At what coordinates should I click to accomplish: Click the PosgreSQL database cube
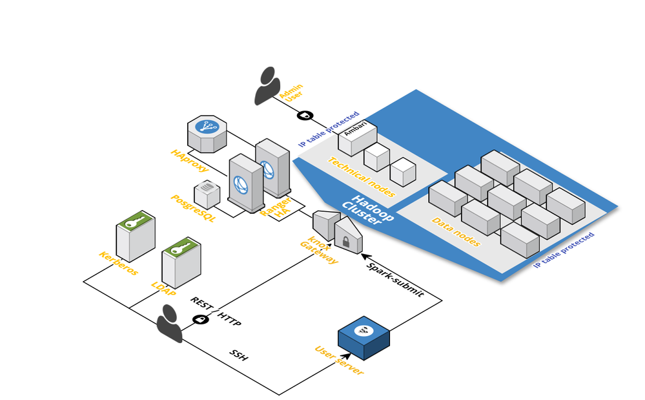(207, 193)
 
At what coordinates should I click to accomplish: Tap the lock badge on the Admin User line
(305, 115)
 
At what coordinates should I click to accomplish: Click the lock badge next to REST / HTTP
(201, 319)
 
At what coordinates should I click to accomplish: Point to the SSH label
(238, 355)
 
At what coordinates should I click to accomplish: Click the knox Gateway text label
(318, 251)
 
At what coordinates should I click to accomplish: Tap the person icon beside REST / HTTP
(169, 324)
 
